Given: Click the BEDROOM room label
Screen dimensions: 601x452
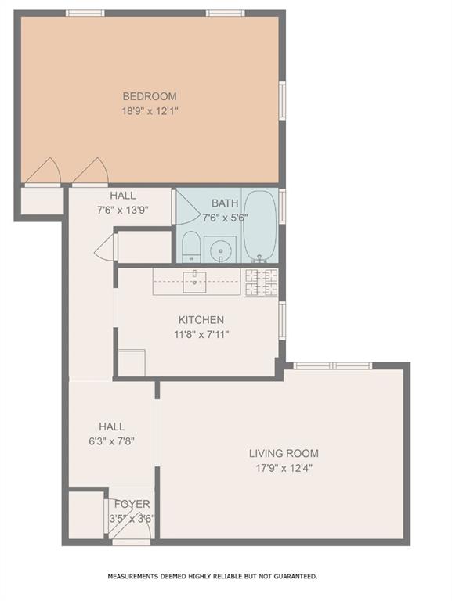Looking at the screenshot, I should tap(149, 96).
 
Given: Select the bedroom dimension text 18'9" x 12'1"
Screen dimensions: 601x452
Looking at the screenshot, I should tap(149, 111).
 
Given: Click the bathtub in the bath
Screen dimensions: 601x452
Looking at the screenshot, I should tap(259, 226).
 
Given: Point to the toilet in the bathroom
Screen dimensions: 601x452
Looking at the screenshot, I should tap(190, 249).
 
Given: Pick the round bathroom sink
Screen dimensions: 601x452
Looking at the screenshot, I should tap(221, 251).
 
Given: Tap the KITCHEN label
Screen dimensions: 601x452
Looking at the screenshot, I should tap(201, 320).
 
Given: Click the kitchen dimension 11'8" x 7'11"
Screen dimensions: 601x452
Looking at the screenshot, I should tap(201, 334).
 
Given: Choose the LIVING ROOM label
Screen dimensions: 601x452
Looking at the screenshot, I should tap(284, 453).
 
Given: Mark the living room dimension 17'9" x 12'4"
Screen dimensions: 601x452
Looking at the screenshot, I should tap(284, 468).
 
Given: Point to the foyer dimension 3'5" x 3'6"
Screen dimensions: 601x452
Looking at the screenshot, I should tap(132, 517).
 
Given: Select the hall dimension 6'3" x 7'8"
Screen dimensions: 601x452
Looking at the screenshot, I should tap(111, 441).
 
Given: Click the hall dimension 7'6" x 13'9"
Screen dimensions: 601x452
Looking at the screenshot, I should tap(123, 210).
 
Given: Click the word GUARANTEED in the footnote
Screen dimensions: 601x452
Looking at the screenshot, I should tap(287, 576).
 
